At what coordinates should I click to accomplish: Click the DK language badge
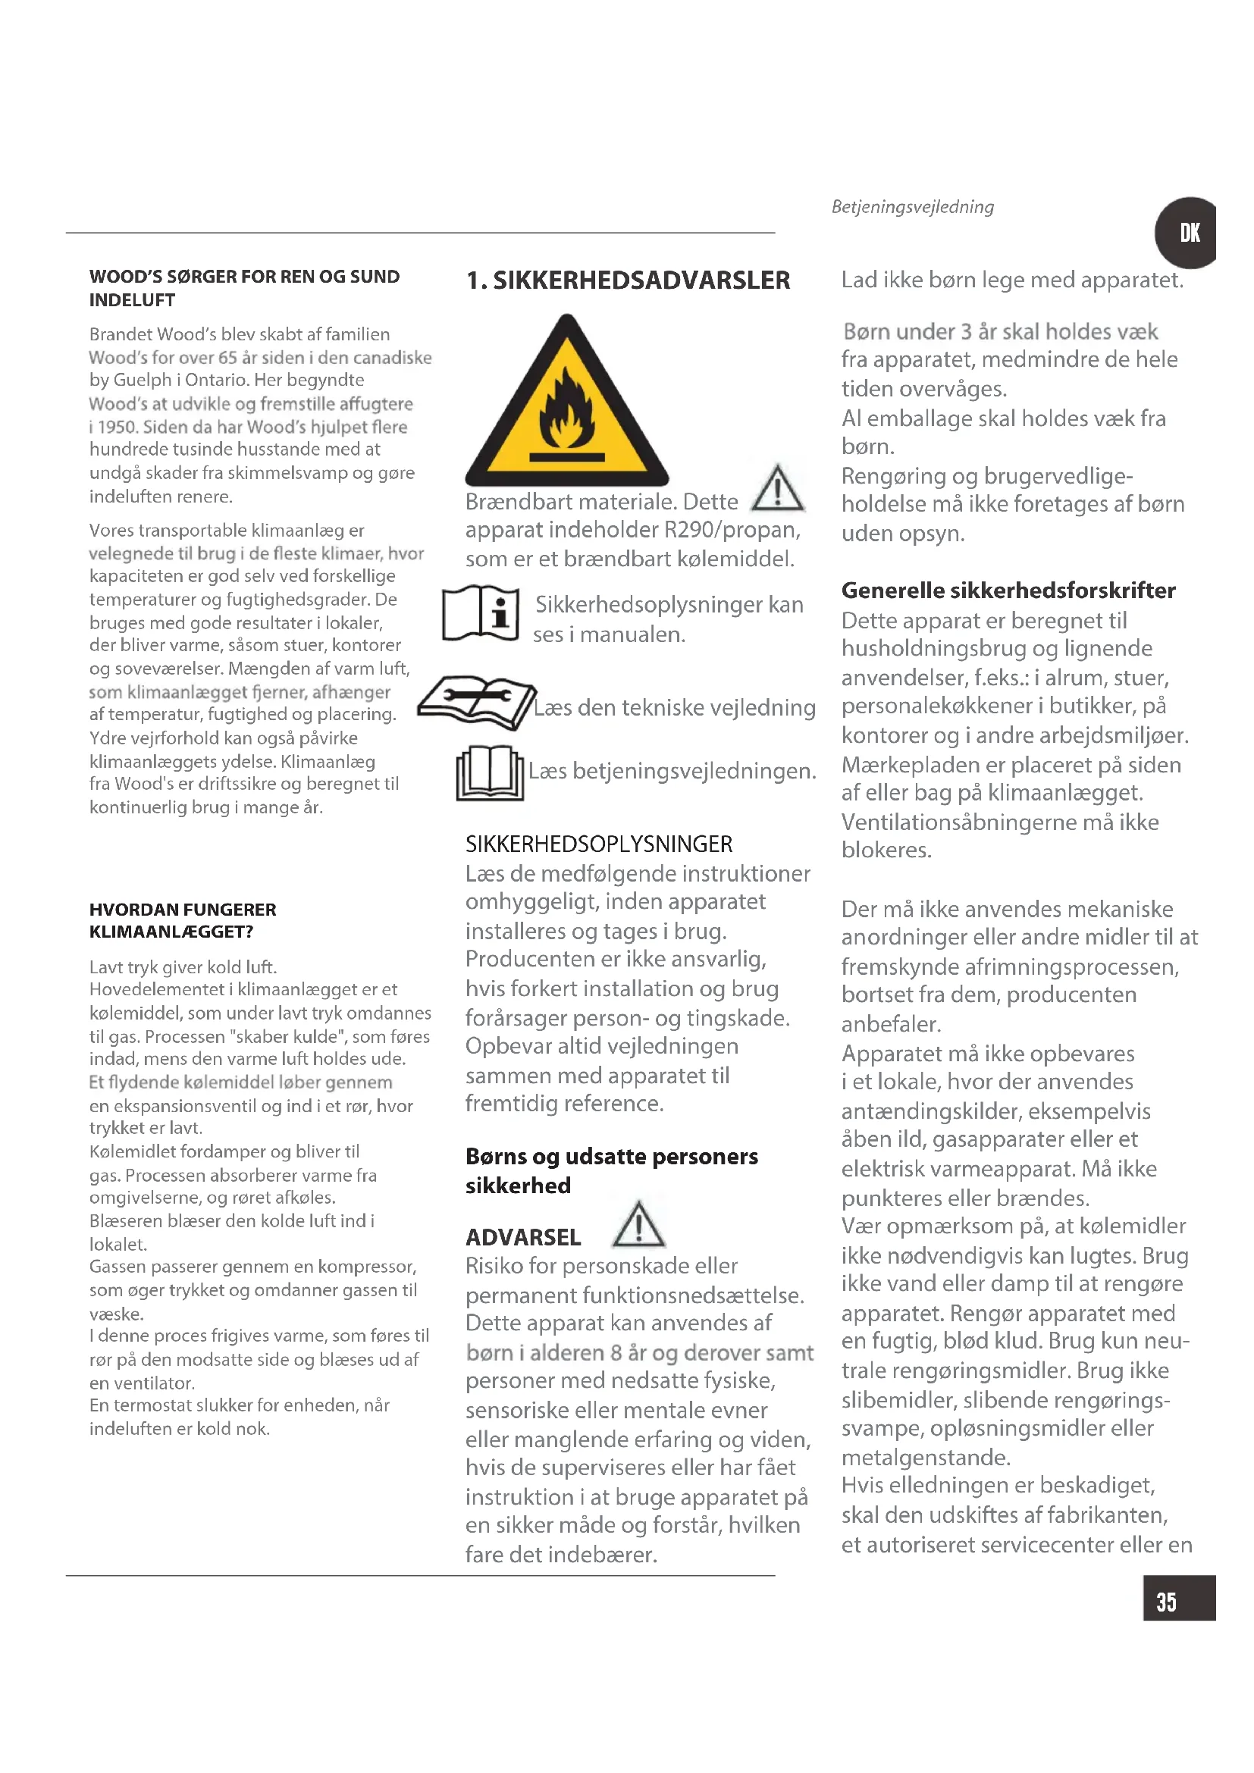[x=1187, y=233]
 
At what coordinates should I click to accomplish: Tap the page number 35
[x=1166, y=1602]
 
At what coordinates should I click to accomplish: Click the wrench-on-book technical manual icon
[x=475, y=701]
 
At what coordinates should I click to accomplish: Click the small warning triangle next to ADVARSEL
[x=638, y=1226]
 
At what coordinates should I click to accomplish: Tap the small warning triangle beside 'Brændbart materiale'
[x=778, y=489]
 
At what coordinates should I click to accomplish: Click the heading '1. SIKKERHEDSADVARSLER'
[x=628, y=280]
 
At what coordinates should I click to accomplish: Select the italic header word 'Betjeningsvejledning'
[x=913, y=207]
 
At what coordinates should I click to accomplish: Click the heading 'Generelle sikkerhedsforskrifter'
[x=1008, y=590]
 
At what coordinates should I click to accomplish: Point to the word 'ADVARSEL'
[x=523, y=1238]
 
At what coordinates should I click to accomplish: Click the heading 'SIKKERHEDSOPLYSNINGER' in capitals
[x=598, y=844]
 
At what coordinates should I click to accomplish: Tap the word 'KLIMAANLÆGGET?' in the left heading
[x=171, y=932]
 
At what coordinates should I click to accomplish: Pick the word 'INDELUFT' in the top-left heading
[x=132, y=300]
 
